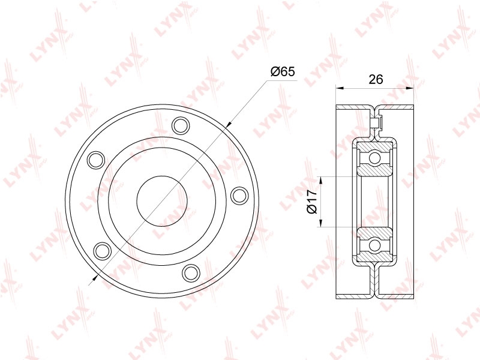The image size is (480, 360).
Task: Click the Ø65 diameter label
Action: [282, 72]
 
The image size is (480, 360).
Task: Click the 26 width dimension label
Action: [376, 79]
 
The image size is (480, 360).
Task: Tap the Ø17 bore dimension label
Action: [311, 202]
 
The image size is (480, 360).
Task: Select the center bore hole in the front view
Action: [161, 202]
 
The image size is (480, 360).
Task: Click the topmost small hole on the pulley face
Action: [181, 125]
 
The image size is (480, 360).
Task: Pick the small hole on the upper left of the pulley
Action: [96, 160]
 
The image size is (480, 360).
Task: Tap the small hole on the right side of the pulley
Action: [239, 196]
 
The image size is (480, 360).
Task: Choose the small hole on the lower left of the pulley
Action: [102, 251]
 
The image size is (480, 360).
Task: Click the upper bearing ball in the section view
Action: [374, 158]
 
